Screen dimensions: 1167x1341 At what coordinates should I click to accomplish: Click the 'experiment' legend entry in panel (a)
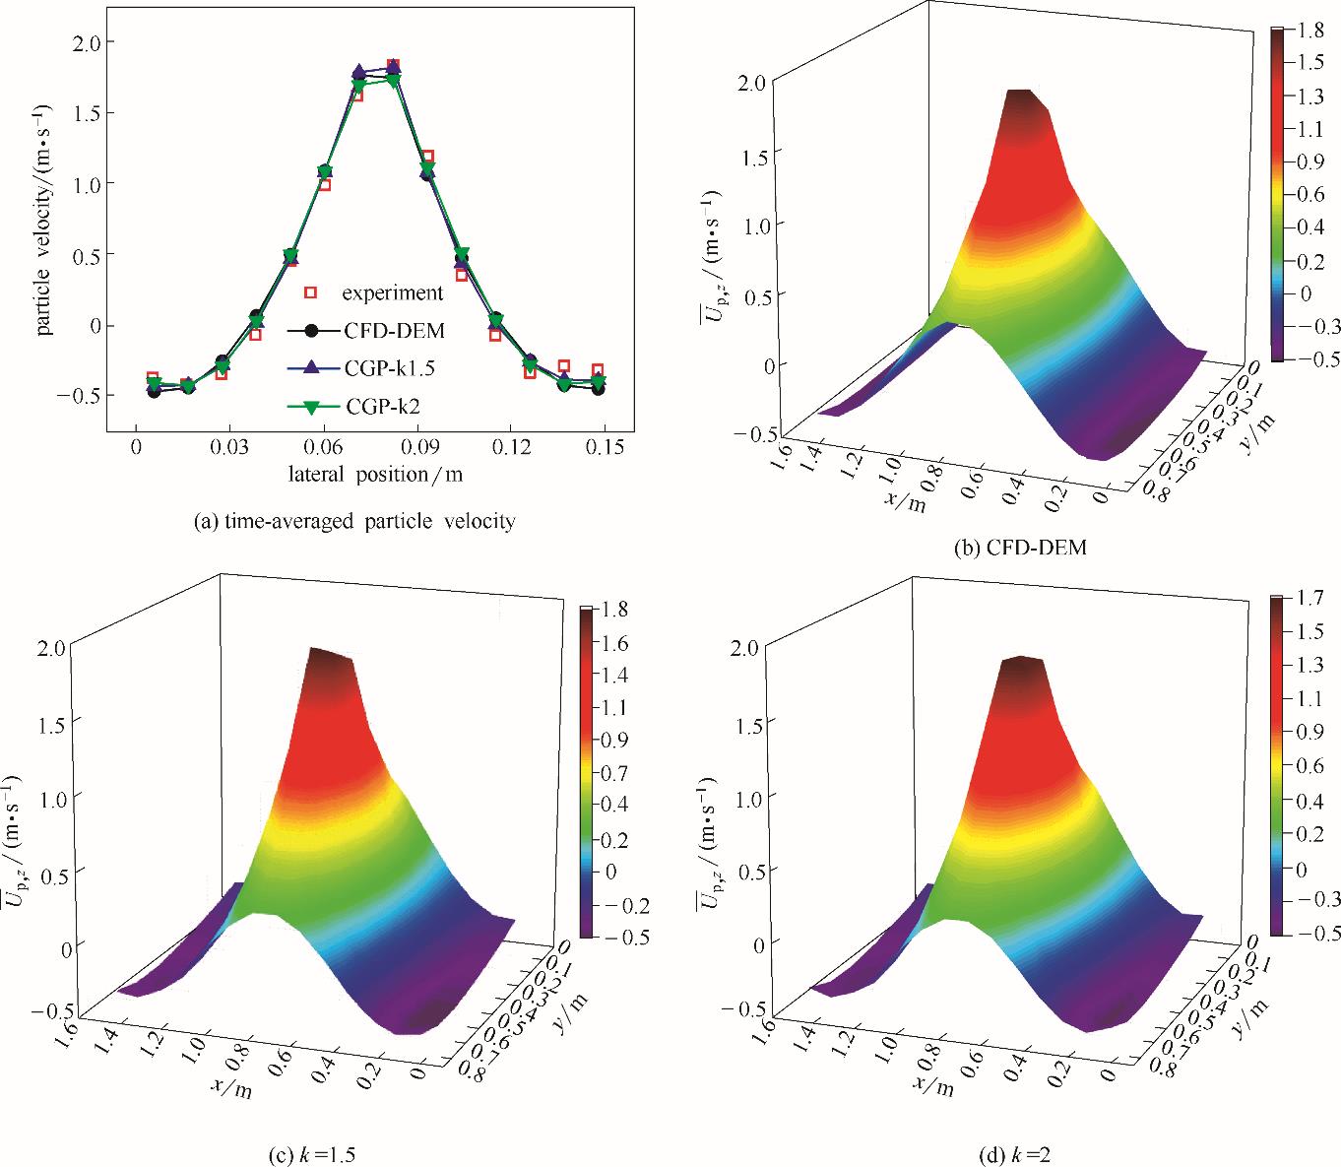tap(392, 292)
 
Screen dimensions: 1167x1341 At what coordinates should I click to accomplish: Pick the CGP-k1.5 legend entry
tap(390, 367)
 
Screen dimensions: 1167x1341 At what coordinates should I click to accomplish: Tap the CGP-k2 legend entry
tap(384, 405)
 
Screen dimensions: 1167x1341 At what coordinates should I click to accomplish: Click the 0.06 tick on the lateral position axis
tap(324, 446)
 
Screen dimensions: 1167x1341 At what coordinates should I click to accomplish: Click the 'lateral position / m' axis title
tap(375, 474)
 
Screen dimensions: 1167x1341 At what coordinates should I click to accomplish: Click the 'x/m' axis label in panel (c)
tap(227, 1083)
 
